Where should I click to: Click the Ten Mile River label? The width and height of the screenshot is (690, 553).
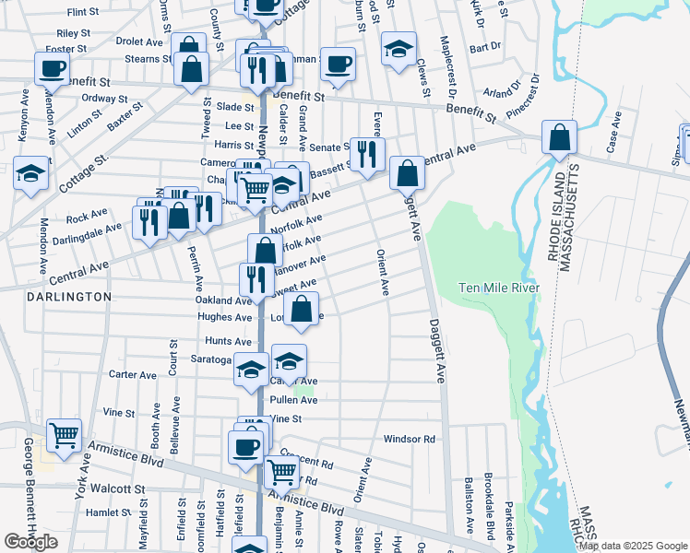coord(499,288)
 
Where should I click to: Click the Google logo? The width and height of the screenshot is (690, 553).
coord(31,542)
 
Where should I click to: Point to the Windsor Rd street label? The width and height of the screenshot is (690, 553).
coord(409,440)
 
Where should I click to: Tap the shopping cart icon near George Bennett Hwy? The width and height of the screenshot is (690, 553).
coord(64,435)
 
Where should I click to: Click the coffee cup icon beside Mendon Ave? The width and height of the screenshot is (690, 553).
coord(52,67)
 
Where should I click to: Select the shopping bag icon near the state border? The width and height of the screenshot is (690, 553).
coord(559,138)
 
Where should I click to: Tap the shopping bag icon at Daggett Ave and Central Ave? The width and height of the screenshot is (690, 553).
coord(406,172)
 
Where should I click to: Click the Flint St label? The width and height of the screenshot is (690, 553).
coord(83,12)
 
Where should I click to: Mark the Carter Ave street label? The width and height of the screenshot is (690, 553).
coord(133,375)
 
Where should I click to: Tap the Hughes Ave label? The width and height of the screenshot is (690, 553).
coord(224,317)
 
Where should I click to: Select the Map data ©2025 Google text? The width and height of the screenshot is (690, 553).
coord(632,546)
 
